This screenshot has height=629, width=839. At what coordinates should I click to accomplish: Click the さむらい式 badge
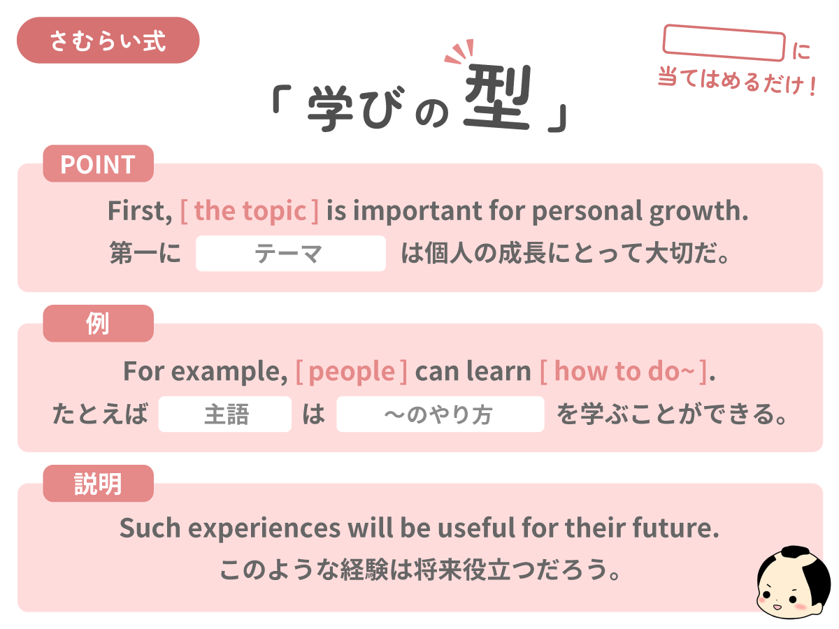tap(108, 41)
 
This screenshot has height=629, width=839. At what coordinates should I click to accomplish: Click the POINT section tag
tap(98, 164)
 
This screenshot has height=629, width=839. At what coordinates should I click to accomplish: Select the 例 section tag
tap(98, 324)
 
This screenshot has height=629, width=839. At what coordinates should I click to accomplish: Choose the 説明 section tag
tap(98, 484)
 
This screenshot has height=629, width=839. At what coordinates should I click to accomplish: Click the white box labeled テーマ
tap(290, 254)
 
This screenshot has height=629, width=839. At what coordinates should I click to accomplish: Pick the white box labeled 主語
tap(225, 414)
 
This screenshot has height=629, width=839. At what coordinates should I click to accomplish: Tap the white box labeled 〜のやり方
tap(440, 414)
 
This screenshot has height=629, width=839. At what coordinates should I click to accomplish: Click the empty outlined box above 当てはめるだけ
tap(724, 43)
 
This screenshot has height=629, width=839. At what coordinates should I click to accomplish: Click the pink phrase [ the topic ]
tap(249, 211)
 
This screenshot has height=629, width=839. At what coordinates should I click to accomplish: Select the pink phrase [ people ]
tap(351, 371)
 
